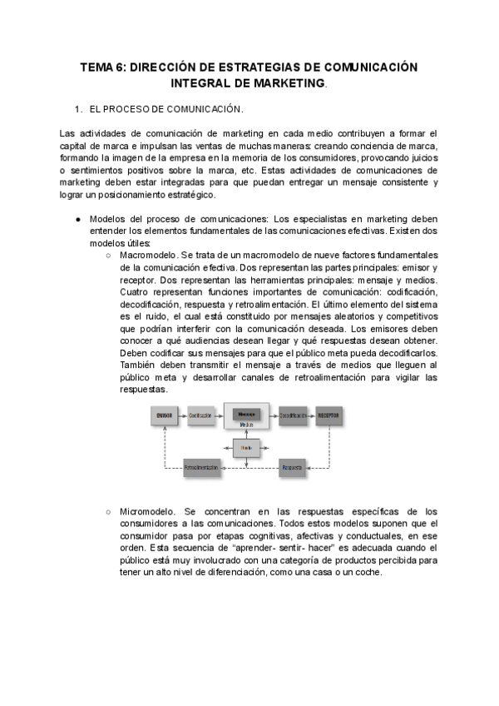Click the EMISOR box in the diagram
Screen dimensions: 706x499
[166, 415]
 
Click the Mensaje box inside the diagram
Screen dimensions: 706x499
[246, 414]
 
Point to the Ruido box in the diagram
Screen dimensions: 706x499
[246, 448]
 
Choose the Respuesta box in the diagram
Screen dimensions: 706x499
[292, 469]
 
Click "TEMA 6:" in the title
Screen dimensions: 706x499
[102, 67]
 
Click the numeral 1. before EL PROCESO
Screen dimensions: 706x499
[79, 109]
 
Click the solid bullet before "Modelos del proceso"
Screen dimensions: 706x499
[77, 219]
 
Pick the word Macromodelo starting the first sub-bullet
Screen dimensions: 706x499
[147, 254]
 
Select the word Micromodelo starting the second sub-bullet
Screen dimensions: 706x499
[146, 511]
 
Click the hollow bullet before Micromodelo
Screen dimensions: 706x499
[108, 511]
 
